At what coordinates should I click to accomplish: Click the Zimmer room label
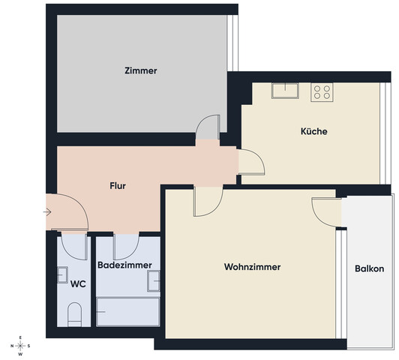141,71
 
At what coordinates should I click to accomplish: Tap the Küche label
313,131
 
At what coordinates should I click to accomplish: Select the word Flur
118,184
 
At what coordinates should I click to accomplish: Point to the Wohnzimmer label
252,267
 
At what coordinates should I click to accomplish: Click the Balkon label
370,268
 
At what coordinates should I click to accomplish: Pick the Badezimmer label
125,265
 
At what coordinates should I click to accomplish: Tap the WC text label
77,284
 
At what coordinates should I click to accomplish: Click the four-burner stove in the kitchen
322,92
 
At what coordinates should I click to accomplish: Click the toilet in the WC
74,314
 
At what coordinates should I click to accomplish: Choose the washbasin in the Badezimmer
154,280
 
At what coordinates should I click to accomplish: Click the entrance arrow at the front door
47,212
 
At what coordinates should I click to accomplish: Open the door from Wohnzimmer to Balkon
328,209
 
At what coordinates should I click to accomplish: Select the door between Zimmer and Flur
207,129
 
